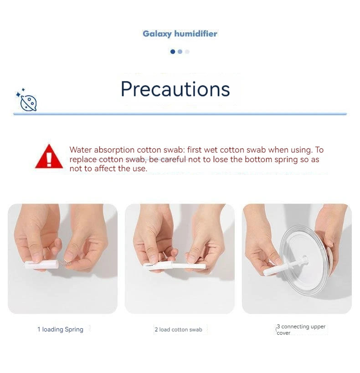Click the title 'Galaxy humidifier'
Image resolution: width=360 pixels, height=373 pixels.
click(x=180, y=34)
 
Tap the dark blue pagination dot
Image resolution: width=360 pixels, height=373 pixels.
click(x=173, y=51)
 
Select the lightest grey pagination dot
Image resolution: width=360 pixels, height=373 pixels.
click(x=187, y=51)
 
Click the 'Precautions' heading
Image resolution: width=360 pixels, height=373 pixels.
click(x=175, y=89)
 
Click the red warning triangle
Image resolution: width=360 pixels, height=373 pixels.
click(x=49, y=157)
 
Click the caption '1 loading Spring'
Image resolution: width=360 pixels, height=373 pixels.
click(x=61, y=329)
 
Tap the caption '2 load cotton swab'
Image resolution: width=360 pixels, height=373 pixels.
click(x=178, y=329)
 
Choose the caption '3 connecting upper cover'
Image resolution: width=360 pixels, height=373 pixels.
click(x=301, y=329)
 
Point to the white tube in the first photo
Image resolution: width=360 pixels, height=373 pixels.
click(x=41, y=265)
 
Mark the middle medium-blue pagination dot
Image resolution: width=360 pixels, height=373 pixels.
click(x=180, y=51)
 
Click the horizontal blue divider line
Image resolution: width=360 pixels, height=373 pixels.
click(x=180, y=114)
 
